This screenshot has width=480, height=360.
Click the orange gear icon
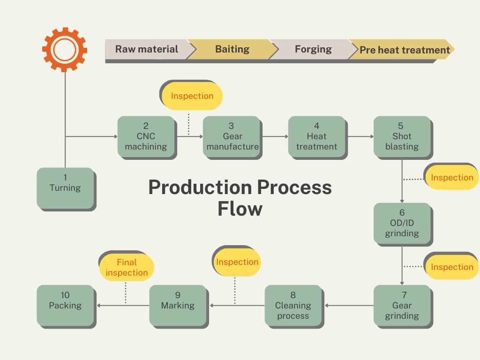tap(65, 49)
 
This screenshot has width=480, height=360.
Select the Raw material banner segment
tap(147, 49)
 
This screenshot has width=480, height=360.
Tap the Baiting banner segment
tap(232, 49)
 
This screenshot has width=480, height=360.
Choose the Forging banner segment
tap(313, 49)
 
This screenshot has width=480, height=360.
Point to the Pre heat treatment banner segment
tap(404, 50)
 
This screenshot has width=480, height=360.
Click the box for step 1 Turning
tap(65, 188)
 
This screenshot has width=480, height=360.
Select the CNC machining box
tap(146, 136)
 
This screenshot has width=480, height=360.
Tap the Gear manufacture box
tap(232, 136)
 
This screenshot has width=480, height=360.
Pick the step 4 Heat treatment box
tap(317, 136)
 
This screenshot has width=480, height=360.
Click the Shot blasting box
tap(402, 136)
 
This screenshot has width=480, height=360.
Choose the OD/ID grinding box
tap(402, 223)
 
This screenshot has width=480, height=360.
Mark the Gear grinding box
tap(402, 305)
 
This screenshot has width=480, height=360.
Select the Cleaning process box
tap(293, 305)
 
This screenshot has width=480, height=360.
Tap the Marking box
tap(178, 305)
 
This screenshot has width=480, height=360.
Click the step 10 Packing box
tap(65, 305)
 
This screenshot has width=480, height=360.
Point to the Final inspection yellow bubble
tap(127, 268)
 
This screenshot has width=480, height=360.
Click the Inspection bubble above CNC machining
tap(192, 96)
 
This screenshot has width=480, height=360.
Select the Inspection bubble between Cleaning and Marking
tap(237, 262)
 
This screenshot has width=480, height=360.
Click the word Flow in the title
tap(240, 209)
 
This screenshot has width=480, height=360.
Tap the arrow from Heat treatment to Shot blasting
tap(360, 136)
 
